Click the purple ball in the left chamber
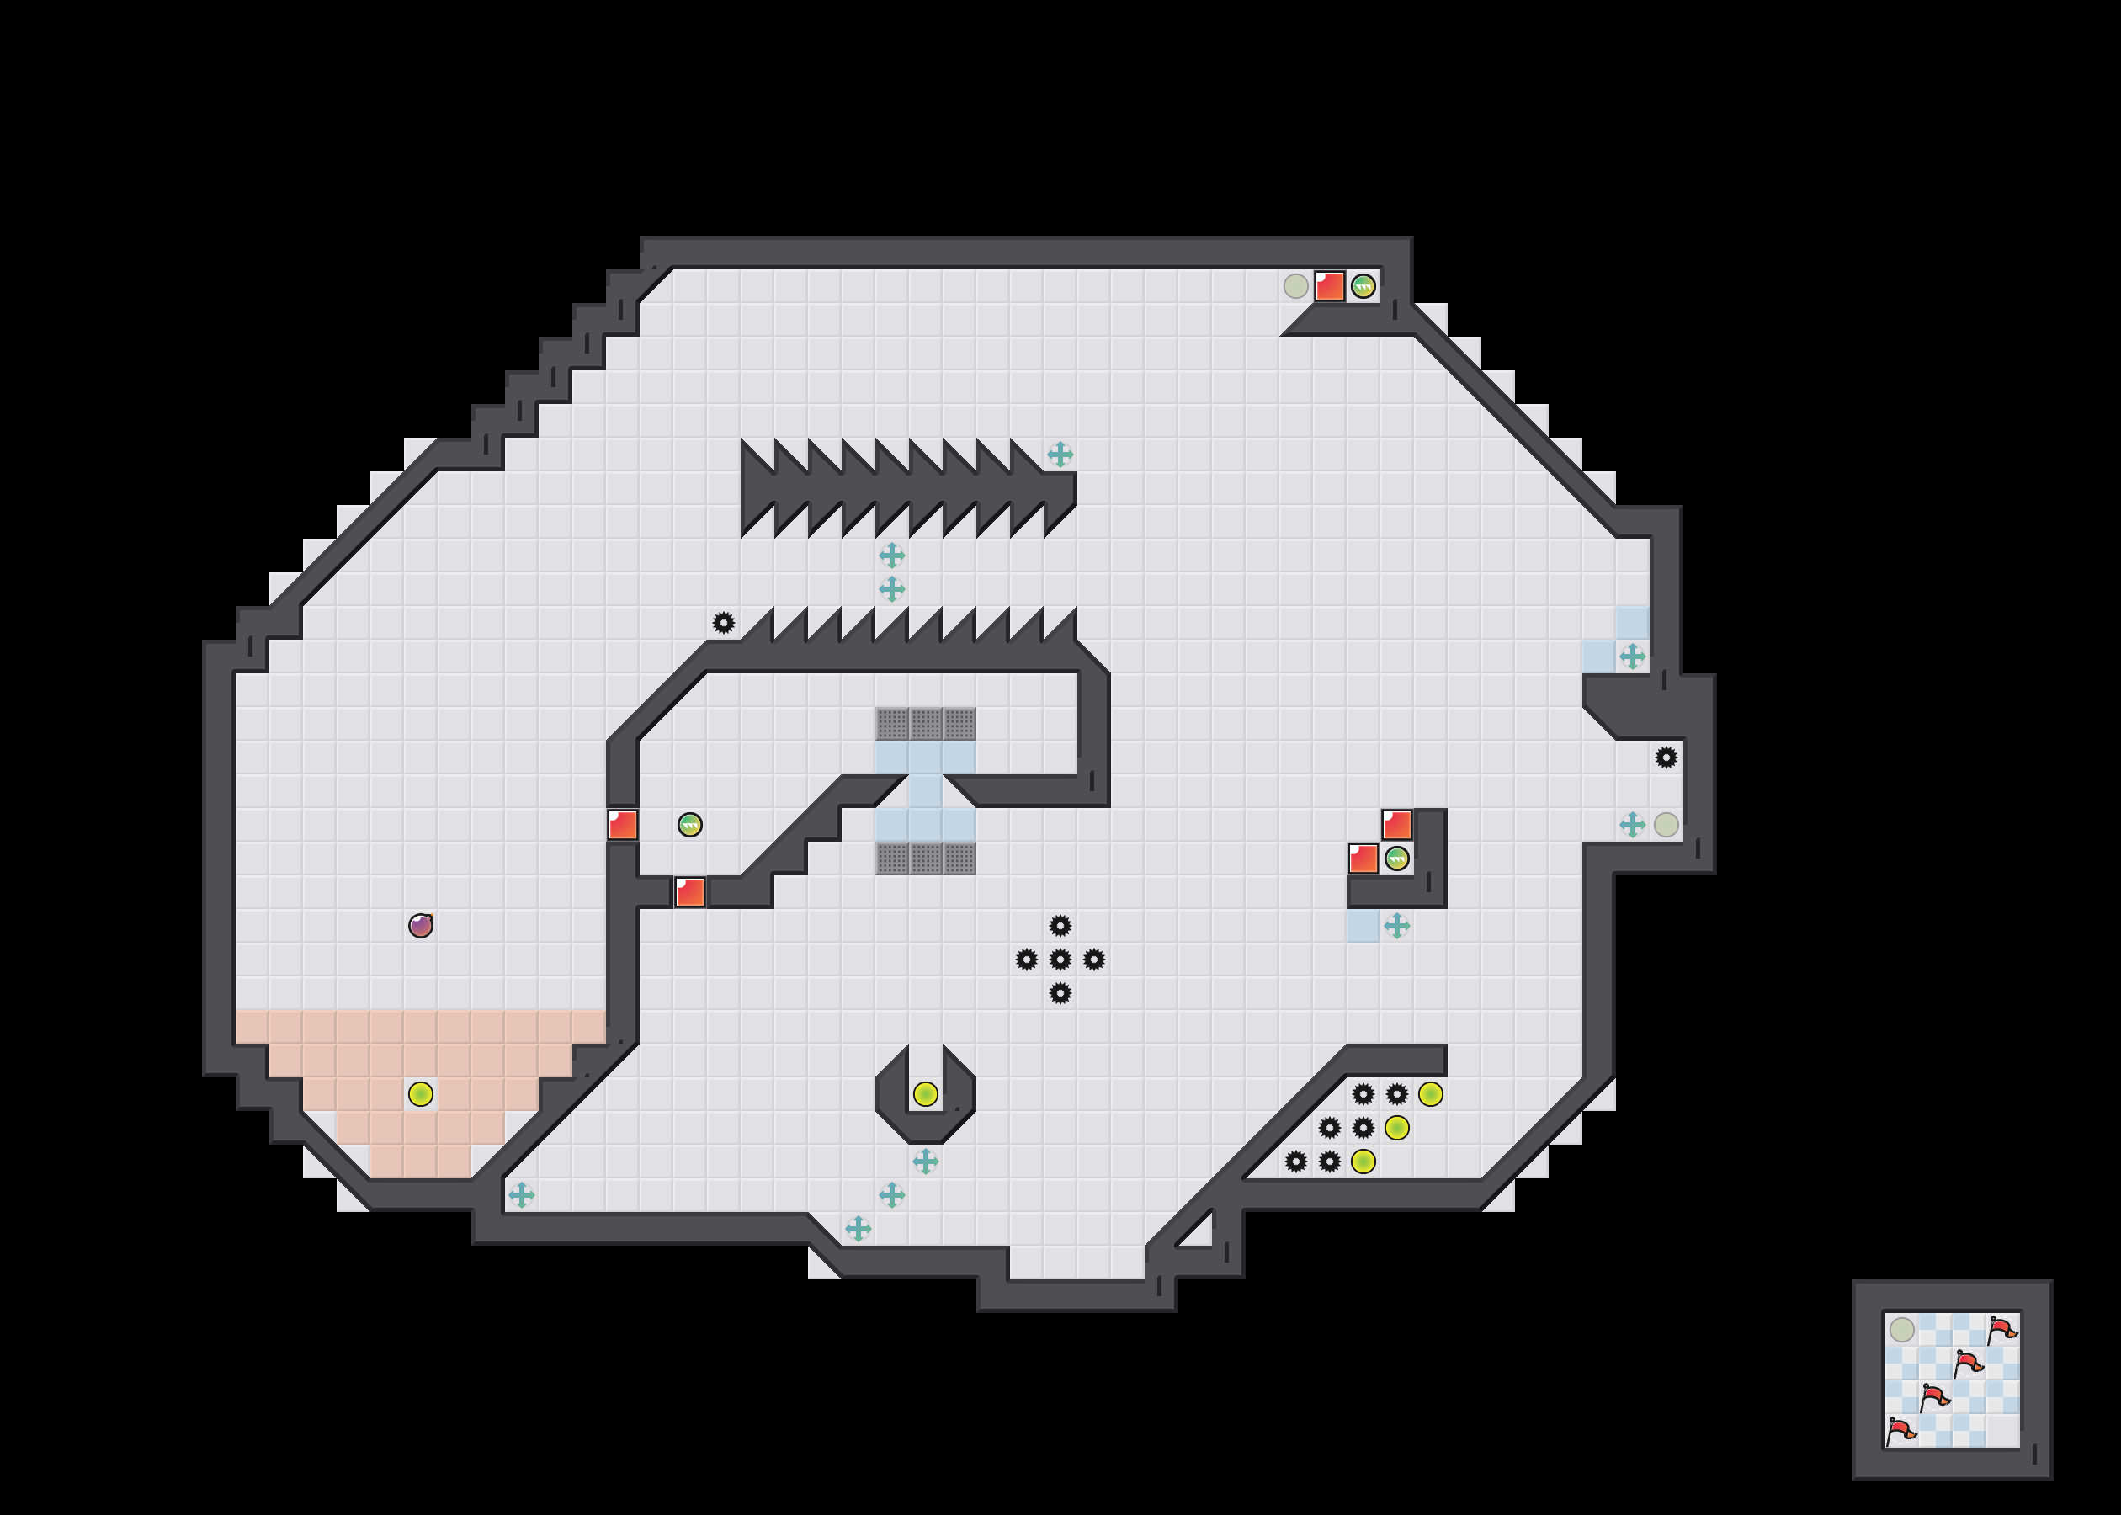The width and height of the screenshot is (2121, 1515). [421, 926]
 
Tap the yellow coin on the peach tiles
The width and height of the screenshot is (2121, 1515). [421, 1093]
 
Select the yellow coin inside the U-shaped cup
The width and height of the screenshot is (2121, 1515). [925, 1093]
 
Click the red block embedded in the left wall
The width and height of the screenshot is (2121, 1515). [623, 825]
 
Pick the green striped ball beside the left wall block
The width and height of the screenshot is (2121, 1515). [690, 825]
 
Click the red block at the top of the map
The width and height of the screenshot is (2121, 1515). [1329, 286]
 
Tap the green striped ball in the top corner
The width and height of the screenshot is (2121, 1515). [1363, 286]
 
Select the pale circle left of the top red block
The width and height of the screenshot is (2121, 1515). [1295, 286]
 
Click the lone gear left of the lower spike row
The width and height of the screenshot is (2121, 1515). [724, 622]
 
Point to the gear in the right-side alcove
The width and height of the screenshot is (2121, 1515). [1666, 757]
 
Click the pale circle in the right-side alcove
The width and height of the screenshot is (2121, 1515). [1666, 825]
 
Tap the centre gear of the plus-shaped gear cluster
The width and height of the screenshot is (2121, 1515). [1060, 959]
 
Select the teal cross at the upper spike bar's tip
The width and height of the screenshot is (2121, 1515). [1060, 454]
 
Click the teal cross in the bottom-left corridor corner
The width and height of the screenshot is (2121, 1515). [521, 1194]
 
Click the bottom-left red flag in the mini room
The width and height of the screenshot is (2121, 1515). [1899, 1430]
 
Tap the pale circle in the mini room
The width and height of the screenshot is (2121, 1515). [1902, 1329]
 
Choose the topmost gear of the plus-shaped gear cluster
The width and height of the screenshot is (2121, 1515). [1060, 926]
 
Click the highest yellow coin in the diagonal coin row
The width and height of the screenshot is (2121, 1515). [1430, 1093]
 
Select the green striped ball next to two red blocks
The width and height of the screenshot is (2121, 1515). [1396, 858]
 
